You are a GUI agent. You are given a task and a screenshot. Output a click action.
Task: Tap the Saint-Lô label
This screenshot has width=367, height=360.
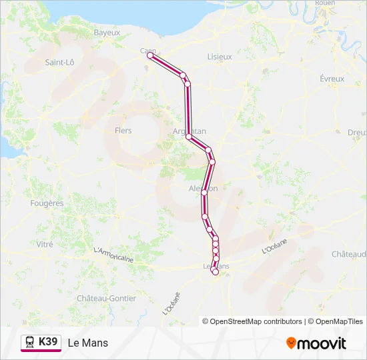click(x=59, y=63)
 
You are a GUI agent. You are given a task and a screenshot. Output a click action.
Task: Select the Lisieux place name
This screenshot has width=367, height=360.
click(x=220, y=57)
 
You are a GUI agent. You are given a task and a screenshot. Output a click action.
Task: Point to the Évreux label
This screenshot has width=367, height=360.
click(x=332, y=79)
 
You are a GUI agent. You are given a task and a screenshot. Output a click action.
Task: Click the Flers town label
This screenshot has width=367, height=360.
click(x=123, y=131)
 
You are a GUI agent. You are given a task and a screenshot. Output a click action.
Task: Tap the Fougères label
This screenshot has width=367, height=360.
click(x=47, y=203)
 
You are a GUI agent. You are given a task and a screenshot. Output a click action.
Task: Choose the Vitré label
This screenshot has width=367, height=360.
click(x=45, y=245)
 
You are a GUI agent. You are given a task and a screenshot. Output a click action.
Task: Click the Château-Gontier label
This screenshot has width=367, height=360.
click(x=107, y=299)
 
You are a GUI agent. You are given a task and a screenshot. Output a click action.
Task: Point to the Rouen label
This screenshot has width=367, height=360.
click(x=325, y=3)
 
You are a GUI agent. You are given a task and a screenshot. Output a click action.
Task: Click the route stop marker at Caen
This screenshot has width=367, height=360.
click(x=149, y=56)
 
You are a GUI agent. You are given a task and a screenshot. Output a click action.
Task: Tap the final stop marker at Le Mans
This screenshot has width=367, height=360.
click(x=215, y=271)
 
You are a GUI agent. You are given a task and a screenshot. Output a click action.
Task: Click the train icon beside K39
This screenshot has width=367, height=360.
click(x=30, y=342)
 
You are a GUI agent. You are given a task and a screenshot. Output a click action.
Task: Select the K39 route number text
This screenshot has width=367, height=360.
click(x=49, y=342)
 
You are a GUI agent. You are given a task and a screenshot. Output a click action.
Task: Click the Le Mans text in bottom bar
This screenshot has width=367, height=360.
click(x=87, y=343)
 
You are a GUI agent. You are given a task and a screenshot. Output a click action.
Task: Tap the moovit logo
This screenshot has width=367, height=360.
click(x=316, y=343)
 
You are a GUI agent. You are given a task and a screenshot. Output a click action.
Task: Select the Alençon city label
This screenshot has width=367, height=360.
click(x=204, y=189)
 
